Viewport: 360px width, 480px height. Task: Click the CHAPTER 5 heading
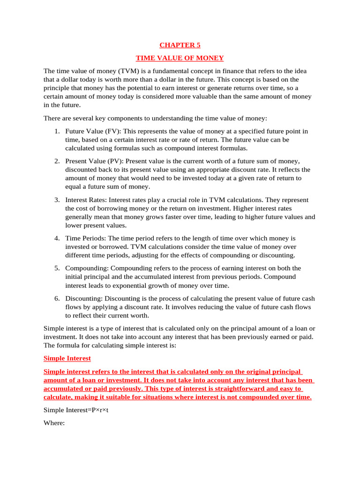180,45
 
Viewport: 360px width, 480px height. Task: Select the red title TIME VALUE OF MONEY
180,58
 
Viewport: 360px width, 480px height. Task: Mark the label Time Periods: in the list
86,238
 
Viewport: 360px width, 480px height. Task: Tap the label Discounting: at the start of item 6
84,298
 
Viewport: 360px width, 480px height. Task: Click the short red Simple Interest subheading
67,358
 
